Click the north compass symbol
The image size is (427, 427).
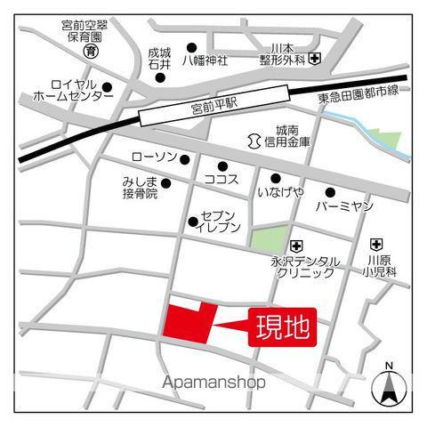(389, 383)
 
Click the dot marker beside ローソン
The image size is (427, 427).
(185, 159)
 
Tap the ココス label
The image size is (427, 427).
(221, 179)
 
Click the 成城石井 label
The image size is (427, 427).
(159, 59)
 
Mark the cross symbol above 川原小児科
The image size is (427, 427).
(376, 243)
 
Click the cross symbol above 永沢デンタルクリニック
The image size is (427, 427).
(297, 244)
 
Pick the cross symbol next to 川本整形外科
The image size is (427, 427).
(316, 60)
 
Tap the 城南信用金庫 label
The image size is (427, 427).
(292, 135)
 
